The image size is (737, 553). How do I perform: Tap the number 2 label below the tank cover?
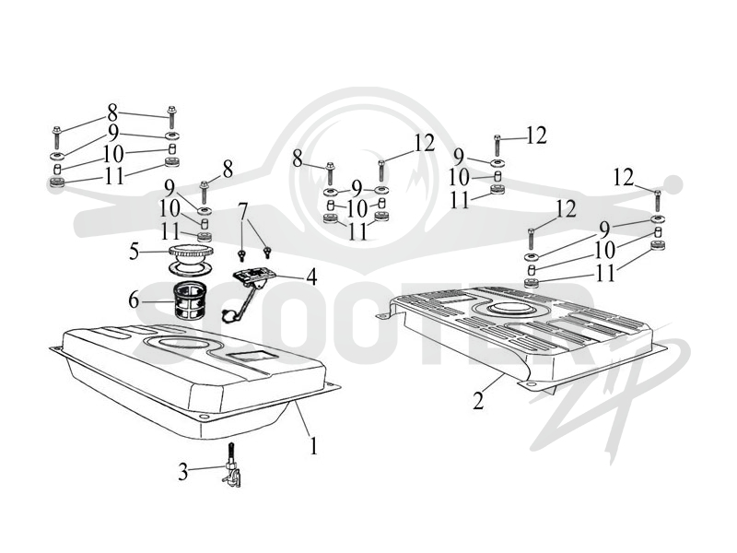pos(478,401)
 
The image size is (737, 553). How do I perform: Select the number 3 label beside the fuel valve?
pos(182,472)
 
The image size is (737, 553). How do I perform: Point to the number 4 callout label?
pos(311,277)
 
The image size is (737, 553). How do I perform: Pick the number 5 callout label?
pos(135,252)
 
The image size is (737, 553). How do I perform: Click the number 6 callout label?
pos(134,300)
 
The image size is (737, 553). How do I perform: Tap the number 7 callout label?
pos(242,213)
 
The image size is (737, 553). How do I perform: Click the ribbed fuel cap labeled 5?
pos(191,252)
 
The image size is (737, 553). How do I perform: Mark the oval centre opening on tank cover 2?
pos(511,310)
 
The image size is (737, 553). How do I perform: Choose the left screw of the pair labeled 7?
pos(242,256)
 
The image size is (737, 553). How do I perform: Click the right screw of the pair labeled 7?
pos(267,252)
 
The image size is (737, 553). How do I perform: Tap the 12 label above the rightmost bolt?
pos(624,178)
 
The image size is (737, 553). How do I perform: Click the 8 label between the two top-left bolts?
pos(112,112)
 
